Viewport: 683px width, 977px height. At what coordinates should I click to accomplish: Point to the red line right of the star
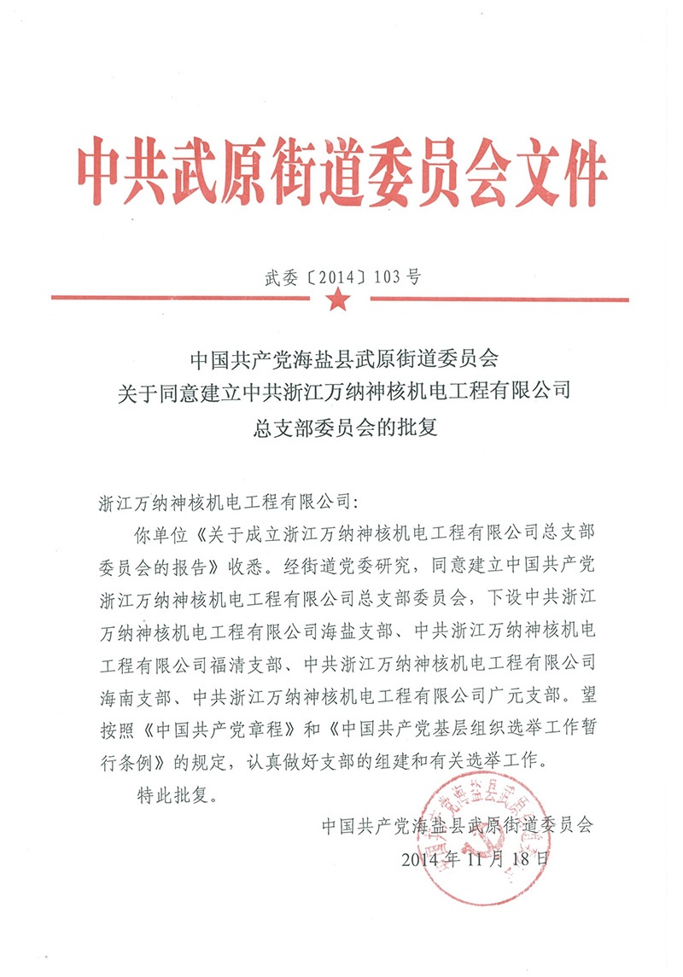tap(490, 299)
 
